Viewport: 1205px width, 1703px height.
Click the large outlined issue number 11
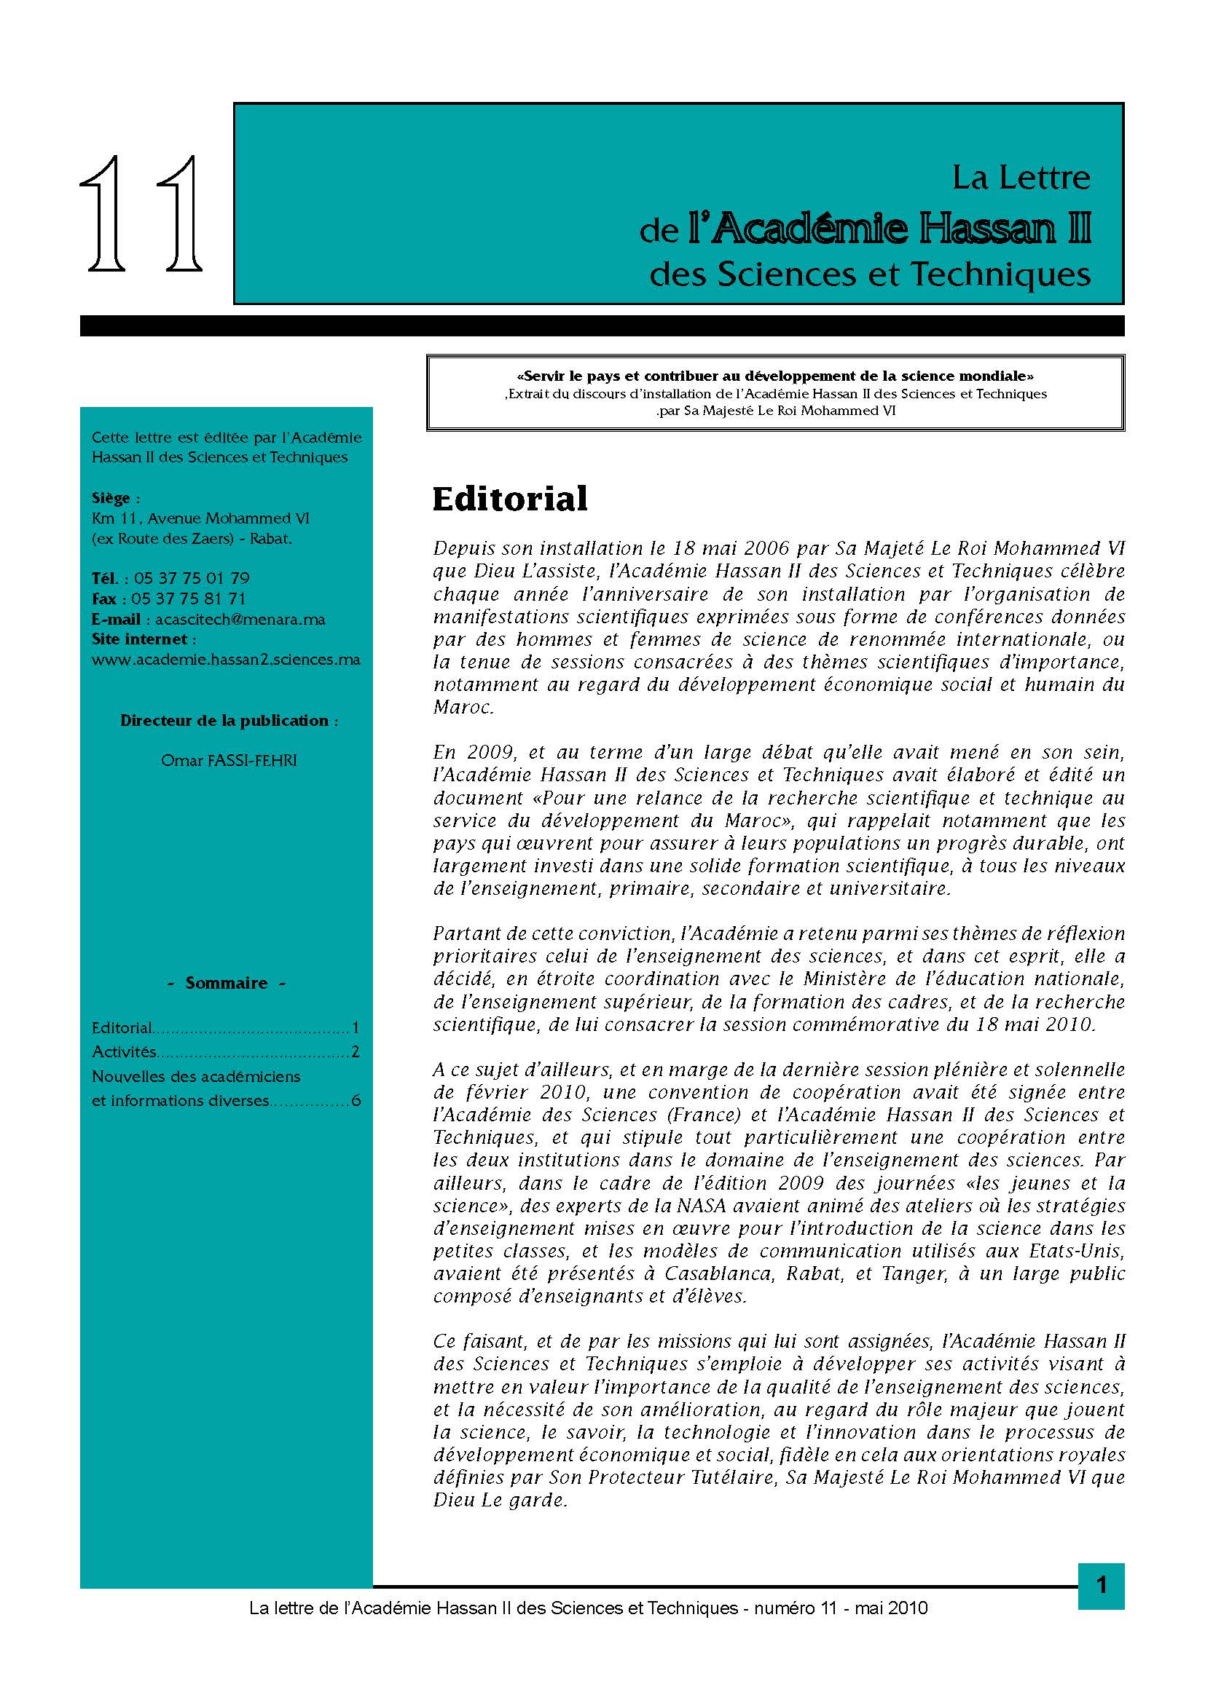pyautogui.click(x=141, y=213)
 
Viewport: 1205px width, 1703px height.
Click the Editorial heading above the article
pyautogui.click(x=510, y=499)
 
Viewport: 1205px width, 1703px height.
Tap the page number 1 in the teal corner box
pyautogui.click(x=1101, y=1585)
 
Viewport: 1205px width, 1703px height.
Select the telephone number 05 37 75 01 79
pyautogui.click(x=192, y=579)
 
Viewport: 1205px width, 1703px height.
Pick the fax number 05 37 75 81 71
pyautogui.click(x=188, y=598)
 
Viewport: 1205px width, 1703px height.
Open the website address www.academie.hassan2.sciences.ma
pyautogui.click(x=226, y=660)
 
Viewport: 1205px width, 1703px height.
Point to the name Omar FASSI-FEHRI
pyautogui.click(x=229, y=760)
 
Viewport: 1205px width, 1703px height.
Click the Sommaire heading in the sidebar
pyautogui.click(x=227, y=983)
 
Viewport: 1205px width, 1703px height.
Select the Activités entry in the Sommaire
pyautogui.click(x=124, y=1052)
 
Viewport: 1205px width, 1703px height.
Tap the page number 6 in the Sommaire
pyautogui.click(x=356, y=1101)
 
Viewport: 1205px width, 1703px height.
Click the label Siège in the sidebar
pyautogui.click(x=111, y=498)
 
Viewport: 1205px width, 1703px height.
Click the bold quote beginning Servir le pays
pyautogui.click(x=775, y=376)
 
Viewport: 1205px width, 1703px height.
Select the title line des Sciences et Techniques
pyautogui.click(x=870, y=274)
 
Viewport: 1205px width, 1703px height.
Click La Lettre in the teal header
pyautogui.click(x=1021, y=177)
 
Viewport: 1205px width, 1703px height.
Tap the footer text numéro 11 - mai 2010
pyautogui.click(x=841, y=1608)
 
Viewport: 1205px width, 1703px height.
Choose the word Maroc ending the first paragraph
pyautogui.click(x=463, y=708)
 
